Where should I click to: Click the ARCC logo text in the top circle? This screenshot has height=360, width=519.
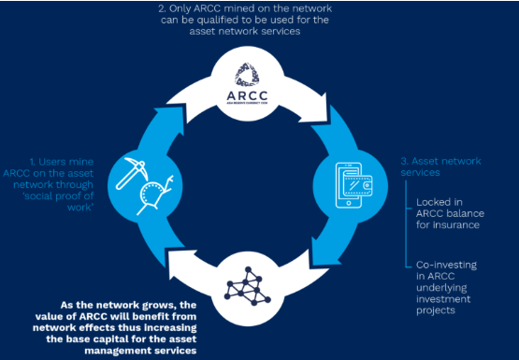(x=247, y=95)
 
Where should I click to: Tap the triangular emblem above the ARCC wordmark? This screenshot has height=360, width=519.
(x=247, y=75)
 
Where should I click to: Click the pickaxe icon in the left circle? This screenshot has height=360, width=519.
(x=131, y=173)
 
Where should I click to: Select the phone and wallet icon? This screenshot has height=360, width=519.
(x=353, y=184)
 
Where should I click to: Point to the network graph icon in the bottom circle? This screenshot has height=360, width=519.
(x=247, y=286)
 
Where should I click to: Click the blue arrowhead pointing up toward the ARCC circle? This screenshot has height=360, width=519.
(x=169, y=121)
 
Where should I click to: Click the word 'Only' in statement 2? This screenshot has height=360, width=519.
(x=181, y=8)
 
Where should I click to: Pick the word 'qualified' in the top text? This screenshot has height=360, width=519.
(x=218, y=20)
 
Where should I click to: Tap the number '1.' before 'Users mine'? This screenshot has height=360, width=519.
(x=33, y=162)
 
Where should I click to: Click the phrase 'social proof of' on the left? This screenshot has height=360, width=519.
(x=58, y=195)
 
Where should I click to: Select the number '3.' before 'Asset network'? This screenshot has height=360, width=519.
(x=404, y=162)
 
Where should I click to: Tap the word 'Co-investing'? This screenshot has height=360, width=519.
(x=446, y=266)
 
